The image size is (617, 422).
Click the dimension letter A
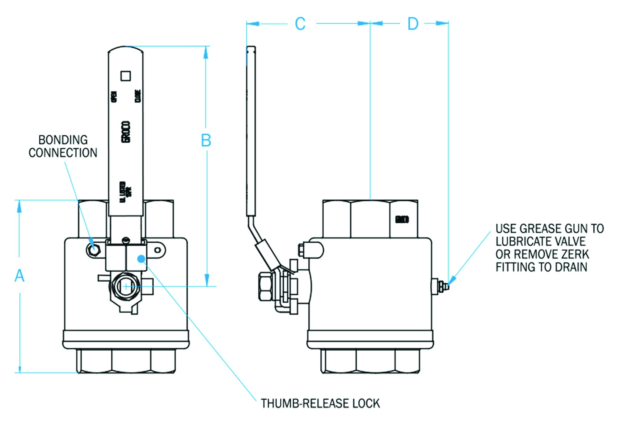click(19, 276)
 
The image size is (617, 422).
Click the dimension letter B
click(206, 141)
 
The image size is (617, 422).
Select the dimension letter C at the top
click(300, 24)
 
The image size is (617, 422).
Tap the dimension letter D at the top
click(413, 24)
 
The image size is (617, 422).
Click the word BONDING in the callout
click(63, 140)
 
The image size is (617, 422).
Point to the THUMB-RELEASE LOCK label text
click(320, 404)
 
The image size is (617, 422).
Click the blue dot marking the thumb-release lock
click(141, 259)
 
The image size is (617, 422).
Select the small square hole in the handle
click(126, 76)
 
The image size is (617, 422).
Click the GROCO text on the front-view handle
click(126, 132)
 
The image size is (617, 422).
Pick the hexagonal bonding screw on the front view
click(94, 249)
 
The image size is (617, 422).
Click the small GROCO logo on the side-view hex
click(402, 219)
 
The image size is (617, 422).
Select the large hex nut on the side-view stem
click(266, 286)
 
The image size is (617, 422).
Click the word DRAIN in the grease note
click(573, 267)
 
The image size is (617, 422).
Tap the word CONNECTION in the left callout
click(63, 153)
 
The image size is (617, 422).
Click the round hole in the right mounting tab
click(158, 250)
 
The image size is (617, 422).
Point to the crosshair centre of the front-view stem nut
click(126, 286)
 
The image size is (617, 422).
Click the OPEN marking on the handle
click(114, 97)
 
